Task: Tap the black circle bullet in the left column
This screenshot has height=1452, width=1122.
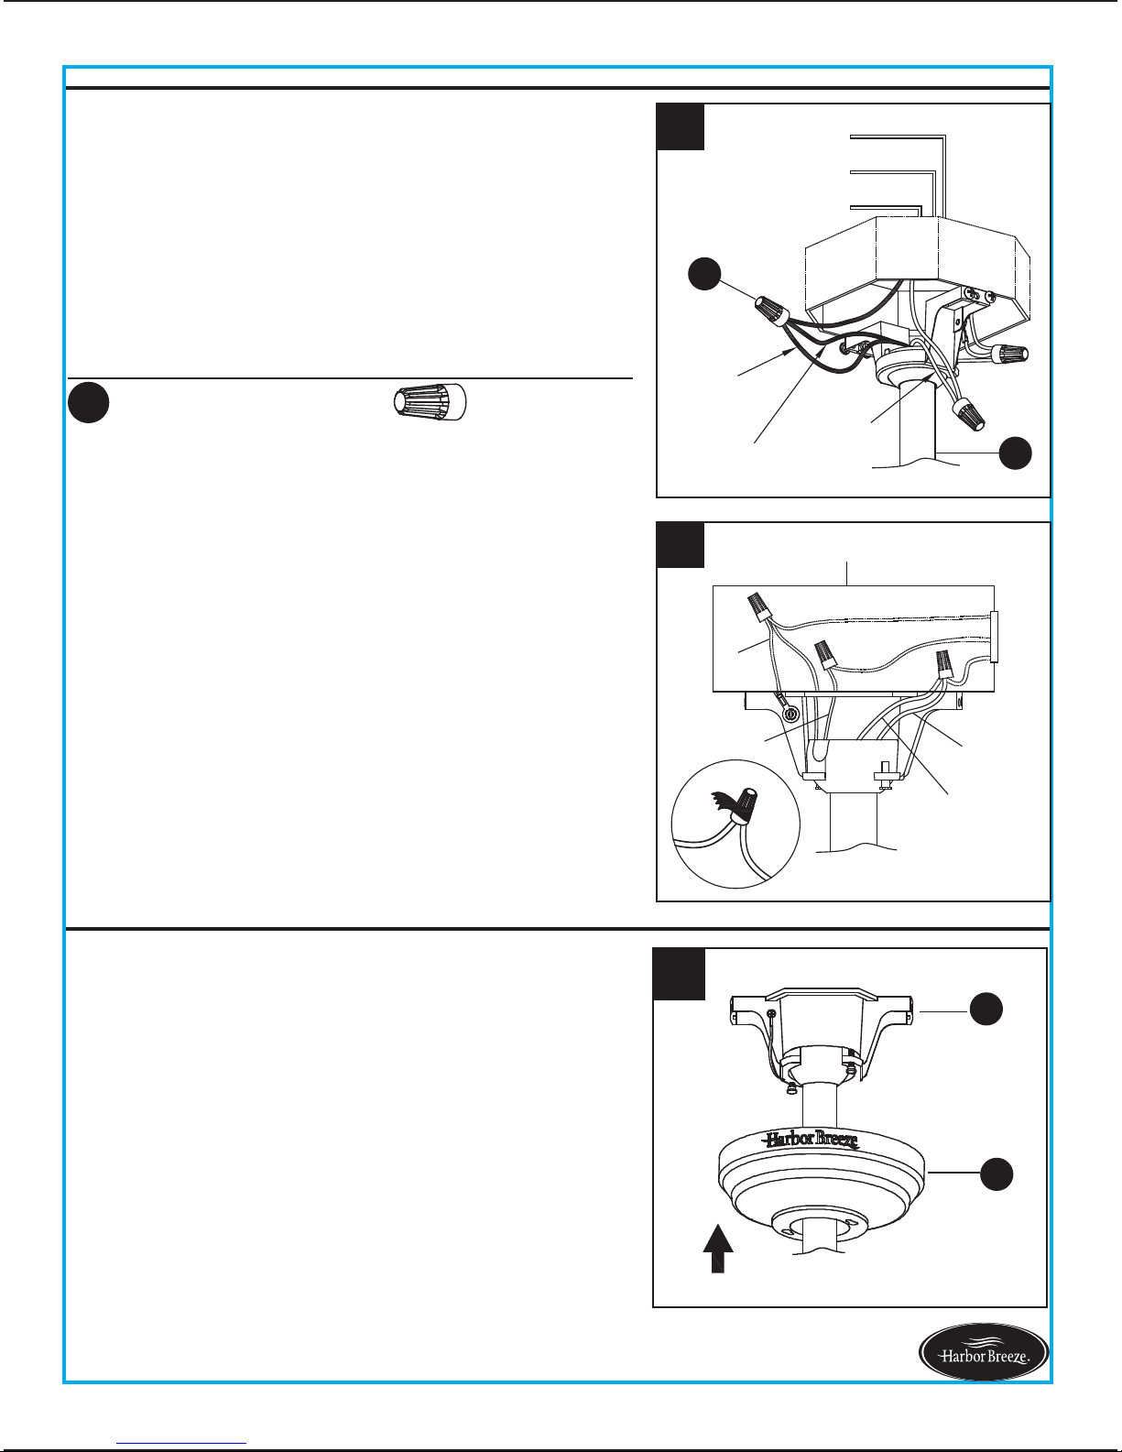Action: click(88, 402)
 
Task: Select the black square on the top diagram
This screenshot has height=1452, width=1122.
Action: click(680, 126)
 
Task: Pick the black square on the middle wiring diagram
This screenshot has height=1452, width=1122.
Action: click(680, 544)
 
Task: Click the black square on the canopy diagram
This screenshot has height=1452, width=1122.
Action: click(679, 974)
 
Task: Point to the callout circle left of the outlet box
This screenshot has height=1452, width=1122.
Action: click(704, 273)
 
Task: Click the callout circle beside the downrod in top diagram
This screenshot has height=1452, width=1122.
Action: click(1015, 453)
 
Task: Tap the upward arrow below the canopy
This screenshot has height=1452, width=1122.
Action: click(718, 1249)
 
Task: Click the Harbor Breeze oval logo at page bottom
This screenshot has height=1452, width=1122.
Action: click(984, 1352)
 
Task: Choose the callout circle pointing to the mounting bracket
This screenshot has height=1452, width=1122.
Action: click(986, 1009)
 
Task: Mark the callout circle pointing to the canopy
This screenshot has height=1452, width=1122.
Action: click(997, 1174)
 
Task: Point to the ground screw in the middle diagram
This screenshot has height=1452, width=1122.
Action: click(790, 715)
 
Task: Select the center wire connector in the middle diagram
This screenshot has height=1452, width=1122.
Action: click(825, 653)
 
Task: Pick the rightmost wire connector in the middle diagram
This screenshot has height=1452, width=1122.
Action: click(943, 665)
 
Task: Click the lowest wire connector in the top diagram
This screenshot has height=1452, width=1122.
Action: click(968, 414)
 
